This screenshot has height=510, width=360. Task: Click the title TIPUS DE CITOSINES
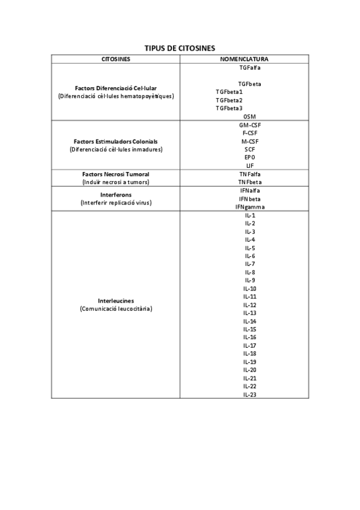tap(180, 48)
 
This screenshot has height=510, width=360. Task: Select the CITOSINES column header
tap(116, 59)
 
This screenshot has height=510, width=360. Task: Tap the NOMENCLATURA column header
tap(245, 59)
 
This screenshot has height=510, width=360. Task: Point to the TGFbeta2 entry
tap(229, 100)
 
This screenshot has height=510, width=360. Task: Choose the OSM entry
tap(250, 116)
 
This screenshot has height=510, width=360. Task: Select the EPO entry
tap(250, 157)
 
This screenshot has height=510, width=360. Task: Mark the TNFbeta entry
tap(250, 182)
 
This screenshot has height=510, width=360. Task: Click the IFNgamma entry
tap(250, 207)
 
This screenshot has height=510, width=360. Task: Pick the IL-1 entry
tap(250, 215)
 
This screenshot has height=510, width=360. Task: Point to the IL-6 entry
tap(250, 256)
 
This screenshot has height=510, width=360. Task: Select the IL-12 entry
tap(250, 305)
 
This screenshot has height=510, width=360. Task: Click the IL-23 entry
tap(250, 395)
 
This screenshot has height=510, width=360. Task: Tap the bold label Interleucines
tap(116, 301)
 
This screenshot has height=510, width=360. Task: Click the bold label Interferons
tap(116, 195)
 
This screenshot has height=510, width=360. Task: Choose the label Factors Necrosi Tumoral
tap(116, 174)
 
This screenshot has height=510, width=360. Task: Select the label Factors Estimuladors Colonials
tap(116, 141)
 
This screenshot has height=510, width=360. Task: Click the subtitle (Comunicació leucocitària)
tap(116, 309)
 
